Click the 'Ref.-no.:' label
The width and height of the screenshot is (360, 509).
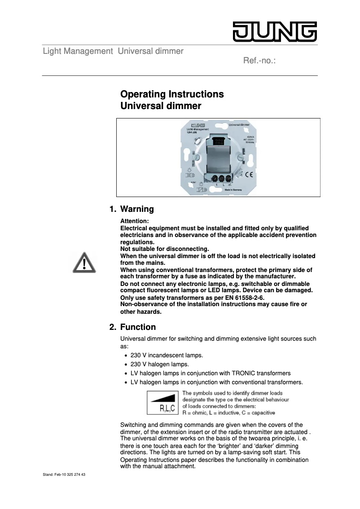(259, 60)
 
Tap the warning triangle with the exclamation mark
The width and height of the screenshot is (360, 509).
(84, 262)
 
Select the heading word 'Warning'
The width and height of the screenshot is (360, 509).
(137, 209)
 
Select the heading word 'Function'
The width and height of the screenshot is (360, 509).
(138, 327)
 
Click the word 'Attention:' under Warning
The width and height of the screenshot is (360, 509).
(134, 221)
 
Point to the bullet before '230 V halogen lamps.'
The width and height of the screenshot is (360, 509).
(126, 364)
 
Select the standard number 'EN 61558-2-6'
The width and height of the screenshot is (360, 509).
(245, 298)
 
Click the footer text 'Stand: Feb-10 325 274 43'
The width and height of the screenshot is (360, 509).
(64, 474)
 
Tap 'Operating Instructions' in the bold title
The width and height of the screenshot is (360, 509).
(172, 94)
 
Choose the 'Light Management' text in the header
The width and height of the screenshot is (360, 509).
(78, 51)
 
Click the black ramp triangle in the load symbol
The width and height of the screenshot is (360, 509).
(166, 397)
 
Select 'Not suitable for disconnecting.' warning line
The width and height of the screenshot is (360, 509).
(165, 249)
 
